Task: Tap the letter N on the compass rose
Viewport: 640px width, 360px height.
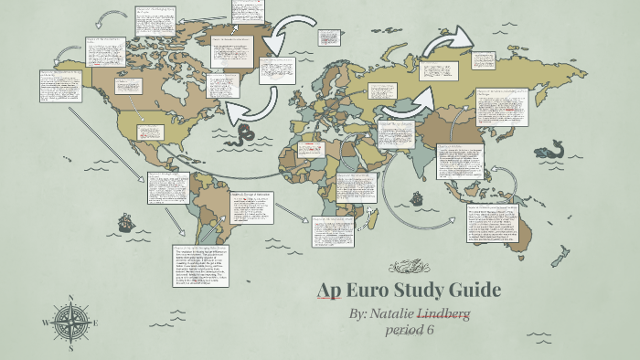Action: point(70,298)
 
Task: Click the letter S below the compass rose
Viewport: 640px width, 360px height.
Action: point(70,347)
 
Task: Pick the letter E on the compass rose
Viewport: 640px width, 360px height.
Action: point(95,323)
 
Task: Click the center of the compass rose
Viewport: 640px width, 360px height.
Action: point(70,323)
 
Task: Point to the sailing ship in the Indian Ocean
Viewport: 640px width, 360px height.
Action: point(417,197)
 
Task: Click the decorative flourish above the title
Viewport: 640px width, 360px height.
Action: point(407,267)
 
